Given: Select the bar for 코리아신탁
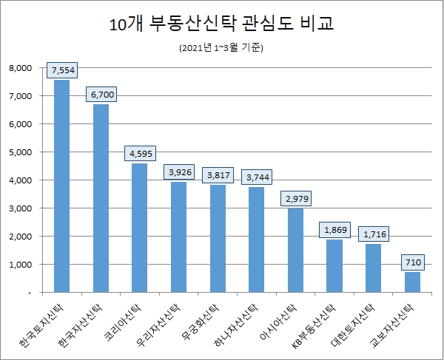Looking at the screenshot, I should (x=139, y=227).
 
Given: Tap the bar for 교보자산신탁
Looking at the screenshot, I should (x=411, y=282).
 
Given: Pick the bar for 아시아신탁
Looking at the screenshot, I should (x=295, y=250).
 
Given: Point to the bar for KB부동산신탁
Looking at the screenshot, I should (x=334, y=265).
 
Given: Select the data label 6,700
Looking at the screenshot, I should (x=101, y=95).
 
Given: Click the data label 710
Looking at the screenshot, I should (x=411, y=262).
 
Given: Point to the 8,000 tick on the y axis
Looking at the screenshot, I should (x=21, y=68).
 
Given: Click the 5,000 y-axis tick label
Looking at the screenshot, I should (x=21, y=152).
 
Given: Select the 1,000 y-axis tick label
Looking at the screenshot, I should (x=21, y=265).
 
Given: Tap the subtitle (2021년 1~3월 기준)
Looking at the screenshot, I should (x=221, y=49).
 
